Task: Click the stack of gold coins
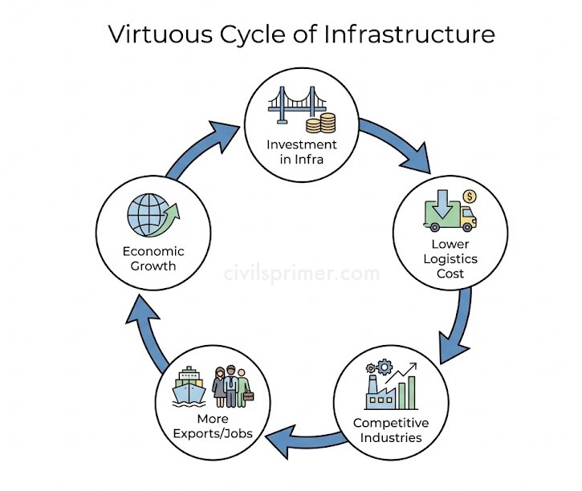325,123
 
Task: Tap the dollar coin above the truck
470,195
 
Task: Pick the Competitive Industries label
391,430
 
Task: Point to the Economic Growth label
149,258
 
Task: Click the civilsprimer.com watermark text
302,274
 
